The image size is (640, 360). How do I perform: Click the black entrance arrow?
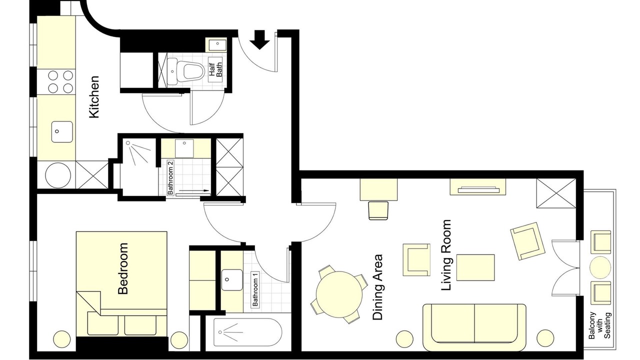click(259, 39)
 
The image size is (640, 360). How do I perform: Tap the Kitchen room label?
click(94, 97)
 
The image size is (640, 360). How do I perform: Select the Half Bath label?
click(215, 69)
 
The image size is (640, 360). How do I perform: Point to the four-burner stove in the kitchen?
click(60, 81)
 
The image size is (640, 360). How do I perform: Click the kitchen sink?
click(62, 131)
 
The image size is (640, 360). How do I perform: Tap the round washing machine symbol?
click(58, 175)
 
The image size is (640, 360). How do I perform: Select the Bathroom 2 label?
click(170, 177)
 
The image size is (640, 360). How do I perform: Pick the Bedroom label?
click(123, 268)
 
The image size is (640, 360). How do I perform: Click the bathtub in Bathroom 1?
click(247, 333)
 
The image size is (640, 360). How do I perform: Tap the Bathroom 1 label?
click(255, 289)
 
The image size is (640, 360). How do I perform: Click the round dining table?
click(339, 294)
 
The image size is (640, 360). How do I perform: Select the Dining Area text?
click(377, 287)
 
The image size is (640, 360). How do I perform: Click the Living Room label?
click(446, 255)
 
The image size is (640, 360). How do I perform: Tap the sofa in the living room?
click(474, 327)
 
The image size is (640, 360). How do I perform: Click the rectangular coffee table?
click(475, 267)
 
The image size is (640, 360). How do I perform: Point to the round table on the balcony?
click(600, 267)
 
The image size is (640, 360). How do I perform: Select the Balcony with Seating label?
click(599, 325)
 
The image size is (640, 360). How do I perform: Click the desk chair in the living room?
click(378, 210)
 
